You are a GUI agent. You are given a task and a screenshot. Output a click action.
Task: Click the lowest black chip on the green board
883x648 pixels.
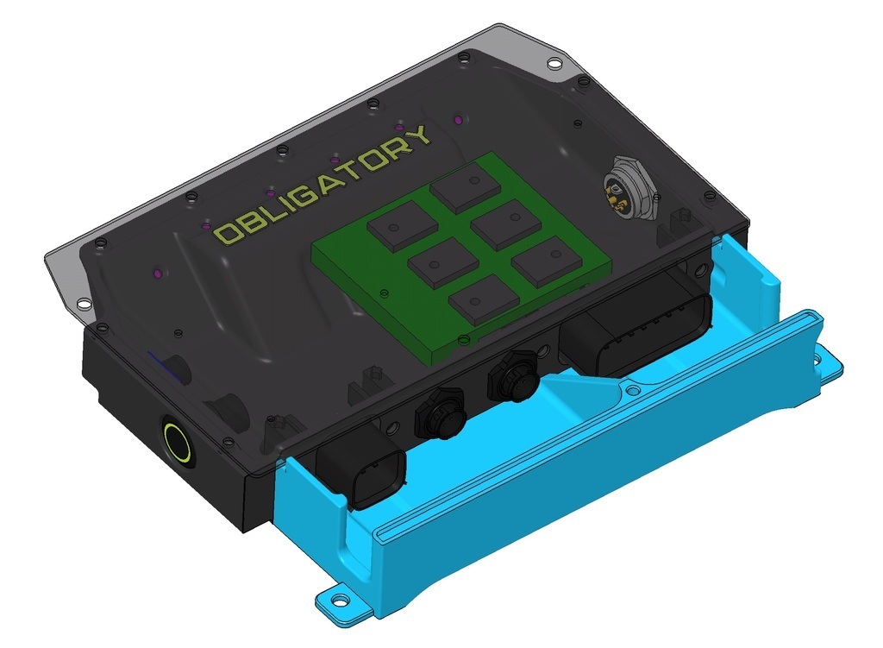coord(483,300)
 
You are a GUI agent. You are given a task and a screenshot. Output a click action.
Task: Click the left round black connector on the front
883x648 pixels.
coord(441,412)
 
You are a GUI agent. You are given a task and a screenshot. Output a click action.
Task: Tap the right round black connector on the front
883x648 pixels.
coord(514,378)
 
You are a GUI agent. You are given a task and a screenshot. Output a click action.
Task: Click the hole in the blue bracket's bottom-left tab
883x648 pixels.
coord(341,597)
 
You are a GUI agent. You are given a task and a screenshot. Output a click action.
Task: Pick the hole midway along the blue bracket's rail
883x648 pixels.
coord(634,391)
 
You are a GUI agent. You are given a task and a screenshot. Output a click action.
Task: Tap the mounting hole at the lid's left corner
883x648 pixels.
coord(83,304)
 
